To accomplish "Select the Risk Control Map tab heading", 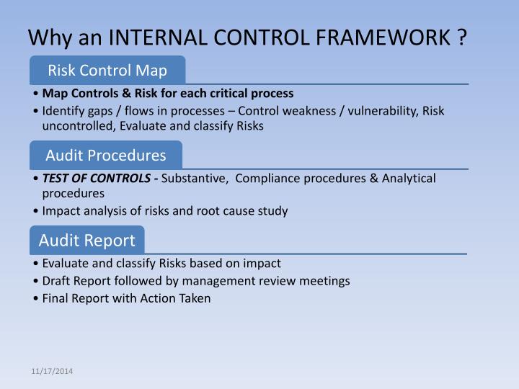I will [x=107, y=71].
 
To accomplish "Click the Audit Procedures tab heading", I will [x=106, y=155].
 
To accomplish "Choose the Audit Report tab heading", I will [x=86, y=240].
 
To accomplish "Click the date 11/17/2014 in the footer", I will [x=52, y=371].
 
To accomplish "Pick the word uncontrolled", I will [x=75, y=125].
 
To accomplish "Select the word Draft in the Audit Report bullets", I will [x=56, y=281].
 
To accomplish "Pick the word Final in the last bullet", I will [x=56, y=298].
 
